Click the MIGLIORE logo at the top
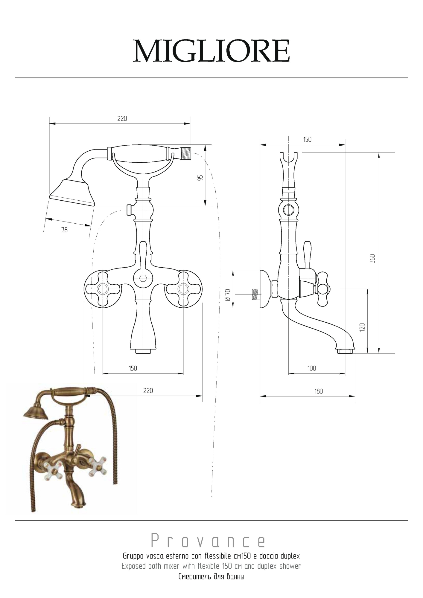211,51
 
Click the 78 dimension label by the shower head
64,230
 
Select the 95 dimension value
200,178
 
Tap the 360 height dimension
372,259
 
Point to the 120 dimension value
362,327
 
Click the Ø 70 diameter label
228,295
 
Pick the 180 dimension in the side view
319,391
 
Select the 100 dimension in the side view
312,368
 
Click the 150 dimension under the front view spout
133,368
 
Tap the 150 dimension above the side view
307,139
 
